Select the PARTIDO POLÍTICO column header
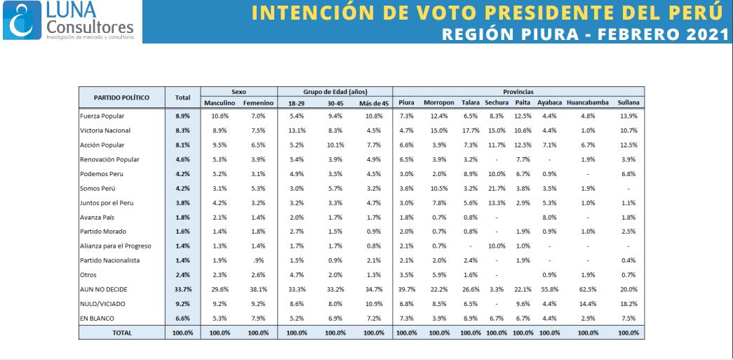click(x=122, y=98)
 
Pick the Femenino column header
click(x=258, y=103)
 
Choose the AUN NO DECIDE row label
click(x=103, y=290)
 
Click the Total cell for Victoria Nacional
click(x=183, y=131)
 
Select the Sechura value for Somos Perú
click(x=497, y=188)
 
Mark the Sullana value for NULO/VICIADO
click(x=628, y=304)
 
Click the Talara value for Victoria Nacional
click(x=470, y=131)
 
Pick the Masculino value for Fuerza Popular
click(x=220, y=116)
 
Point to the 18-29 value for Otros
click(x=296, y=275)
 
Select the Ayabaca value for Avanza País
click(x=549, y=218)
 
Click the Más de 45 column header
click(x=374, y=103)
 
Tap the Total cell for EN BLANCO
click(x=183, y=319)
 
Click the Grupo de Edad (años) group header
click(x=335, y=91)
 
